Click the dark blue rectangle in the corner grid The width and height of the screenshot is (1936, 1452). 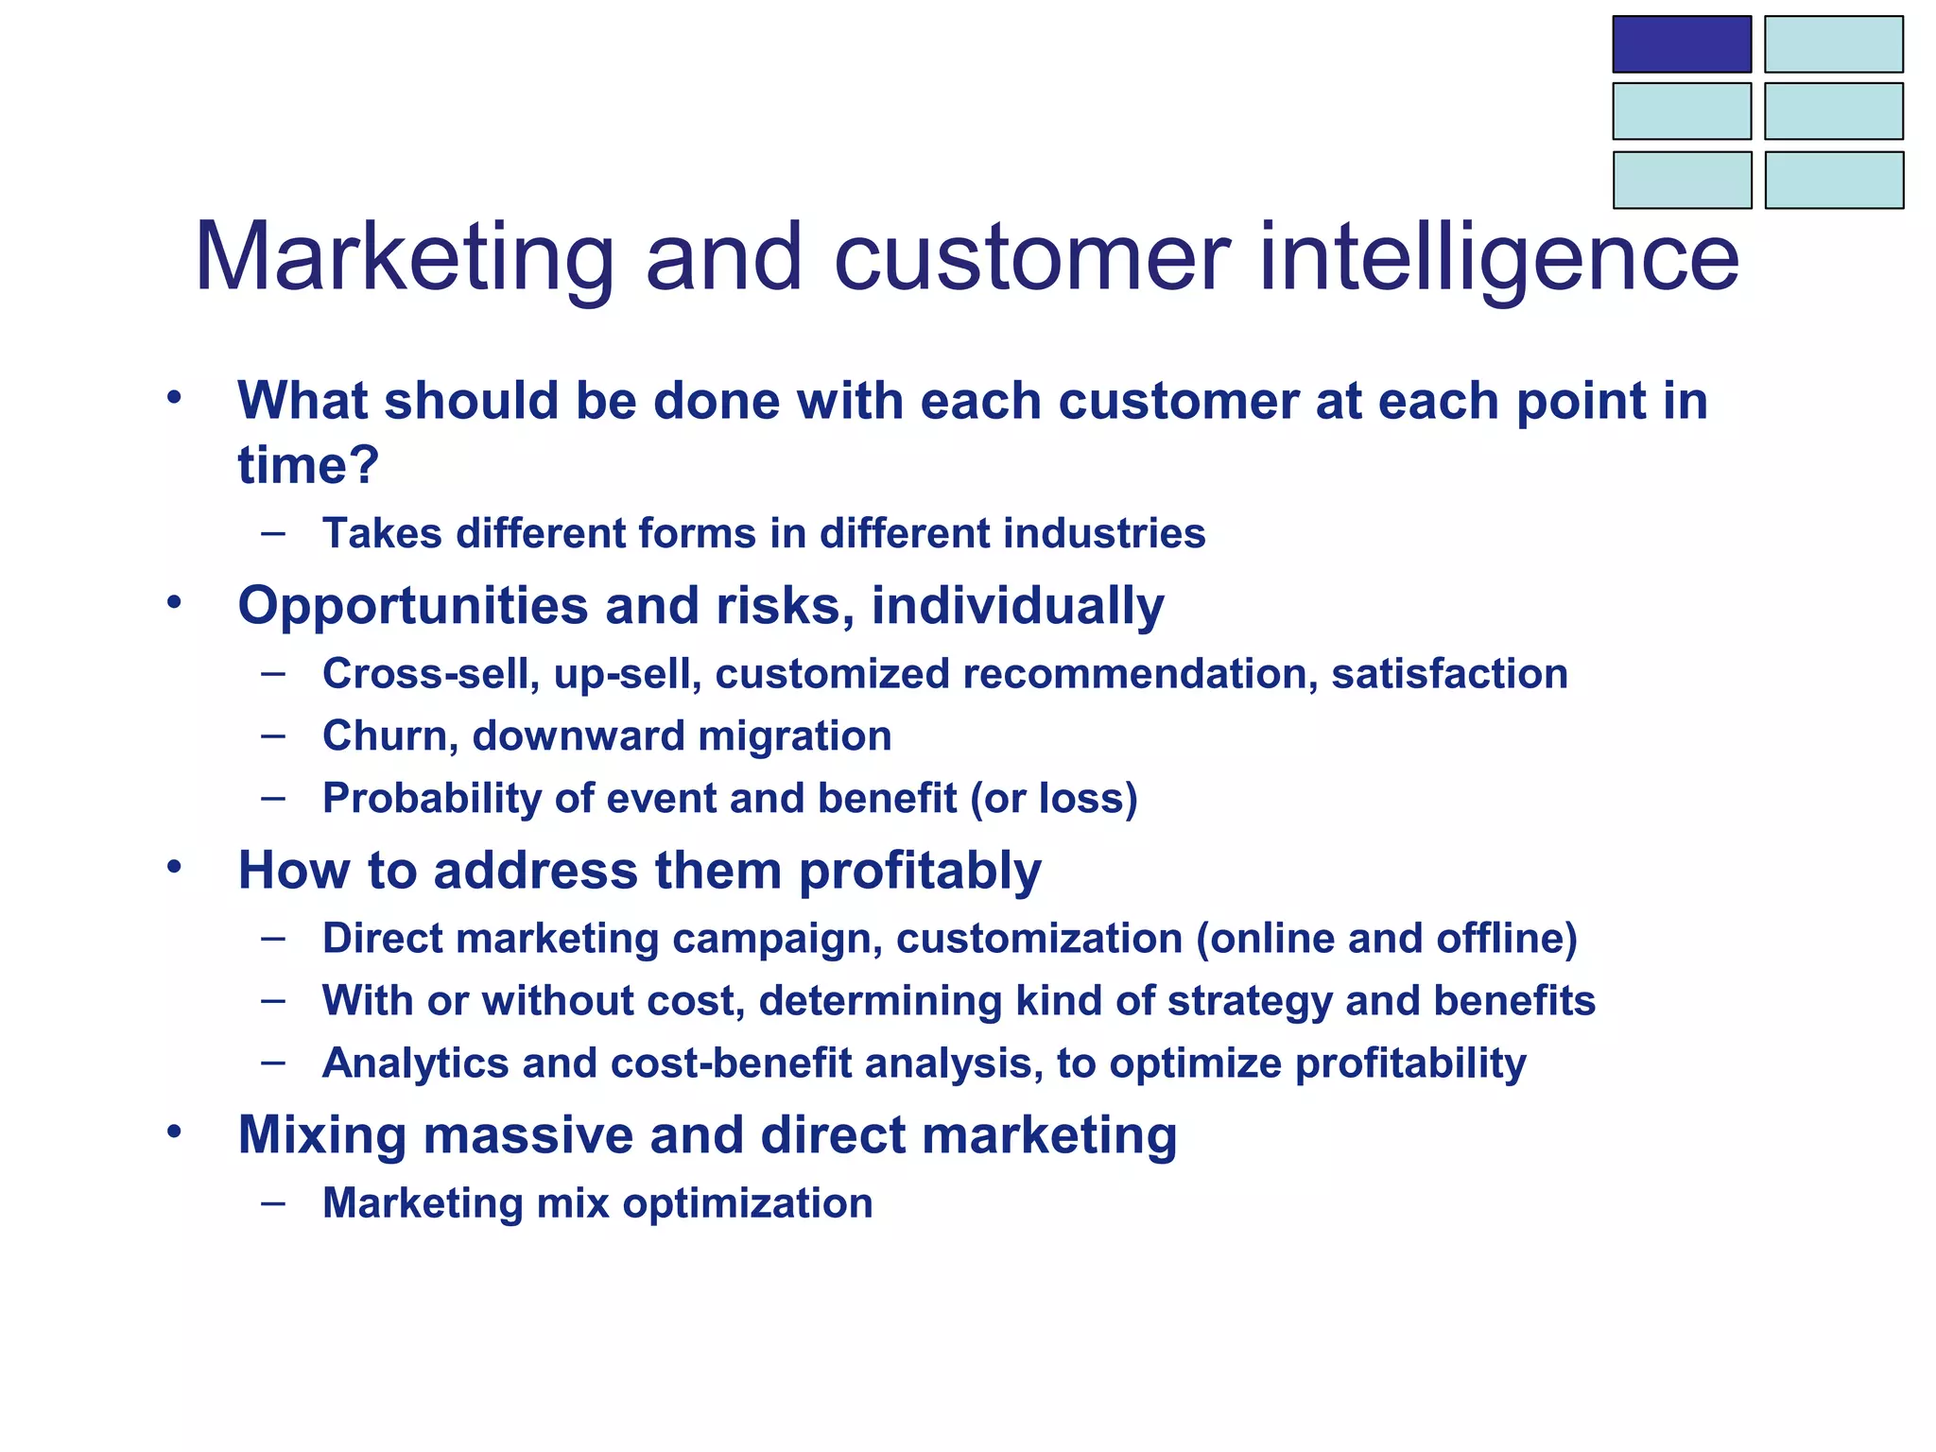1681,44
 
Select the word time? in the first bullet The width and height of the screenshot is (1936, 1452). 308,465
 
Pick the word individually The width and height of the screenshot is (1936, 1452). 1017,605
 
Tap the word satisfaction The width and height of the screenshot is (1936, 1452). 1449,674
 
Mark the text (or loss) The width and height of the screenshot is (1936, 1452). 1054,799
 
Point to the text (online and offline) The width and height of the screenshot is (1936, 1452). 1387,939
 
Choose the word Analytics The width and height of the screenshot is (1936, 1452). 415,1063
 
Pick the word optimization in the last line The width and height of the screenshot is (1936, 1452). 747,1203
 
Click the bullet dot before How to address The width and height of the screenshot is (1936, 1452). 173,866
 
